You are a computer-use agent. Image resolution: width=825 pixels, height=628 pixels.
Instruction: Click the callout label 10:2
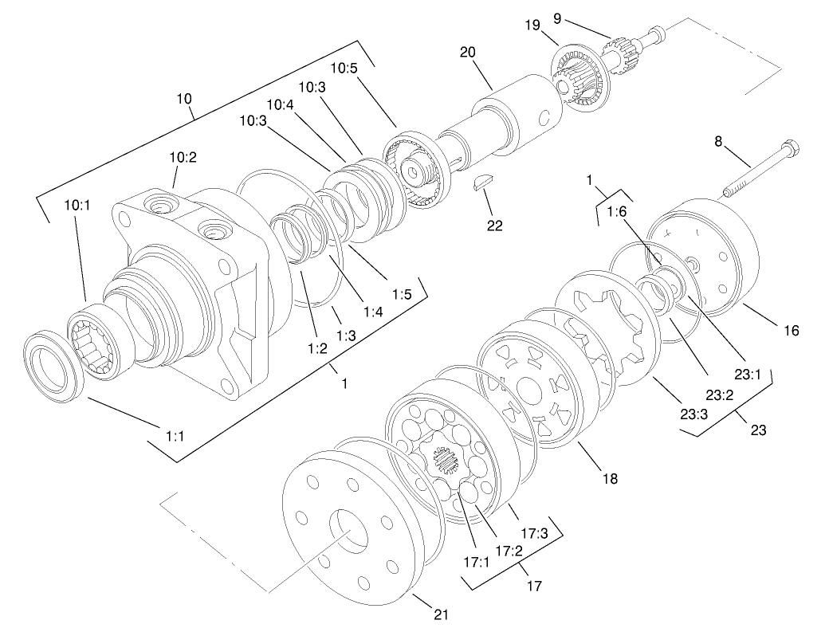183,157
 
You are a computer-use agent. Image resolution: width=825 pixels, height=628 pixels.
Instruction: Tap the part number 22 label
495,226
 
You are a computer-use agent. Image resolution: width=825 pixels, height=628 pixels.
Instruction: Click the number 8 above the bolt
718,142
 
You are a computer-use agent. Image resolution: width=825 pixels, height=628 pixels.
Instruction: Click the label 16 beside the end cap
790,329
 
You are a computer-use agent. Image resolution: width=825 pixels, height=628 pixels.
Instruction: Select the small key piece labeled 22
481,183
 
